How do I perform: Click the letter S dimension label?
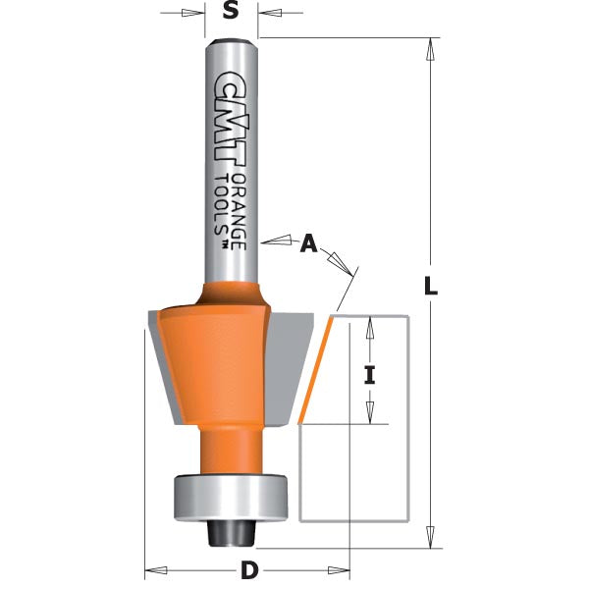coord(232,12)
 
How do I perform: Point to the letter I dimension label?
coord(370,374)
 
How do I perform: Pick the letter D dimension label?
coord(249,570)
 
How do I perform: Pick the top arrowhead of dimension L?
coord(430,48)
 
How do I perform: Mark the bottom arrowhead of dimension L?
coord(430,537)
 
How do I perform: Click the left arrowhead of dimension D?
coord(153,568)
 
